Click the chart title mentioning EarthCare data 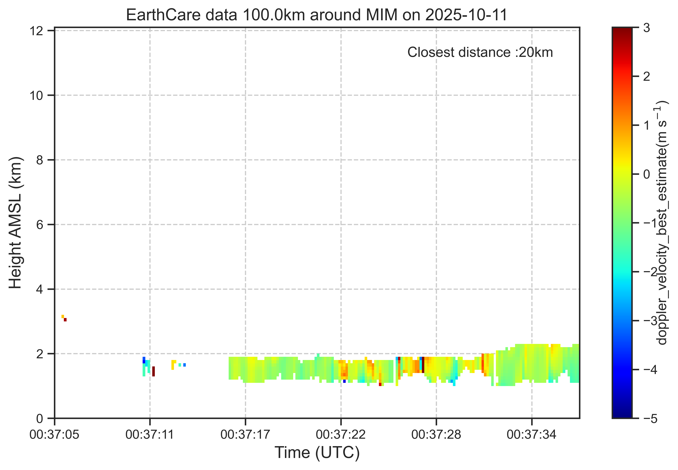point(317,15)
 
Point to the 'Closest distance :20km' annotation point(480,52)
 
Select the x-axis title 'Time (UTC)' point(317,452)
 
